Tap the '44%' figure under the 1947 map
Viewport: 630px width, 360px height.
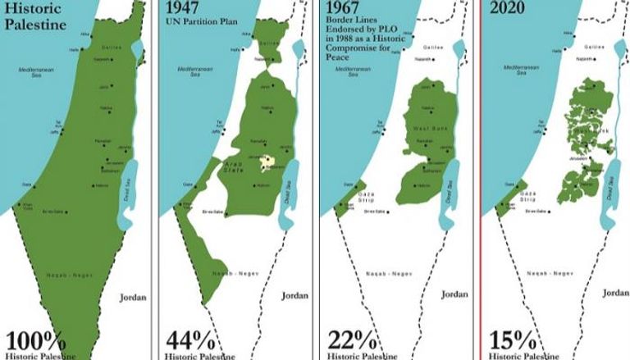click(191, 339)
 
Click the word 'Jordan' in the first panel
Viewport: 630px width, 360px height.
click(133, 297)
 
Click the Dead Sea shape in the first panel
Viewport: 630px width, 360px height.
click(126, 197)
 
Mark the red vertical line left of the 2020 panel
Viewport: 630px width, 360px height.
click(481, 180)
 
